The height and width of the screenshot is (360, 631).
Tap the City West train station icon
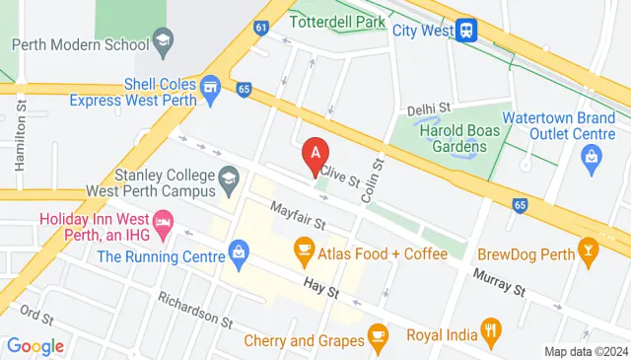pyautogui.click(x=468, y=30)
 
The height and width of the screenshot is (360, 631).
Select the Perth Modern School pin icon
pyautogui.click(x=163, y=43)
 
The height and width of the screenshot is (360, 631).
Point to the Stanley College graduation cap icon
pyautogui.click(x=230, y=179)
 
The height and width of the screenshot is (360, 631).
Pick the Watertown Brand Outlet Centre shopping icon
pyautogui.click(x=592, y=155)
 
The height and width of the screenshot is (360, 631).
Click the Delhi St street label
pyautogui.click(x=429, y=107)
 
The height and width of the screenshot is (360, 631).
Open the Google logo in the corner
pyautogui.click(x=35, y=346)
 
